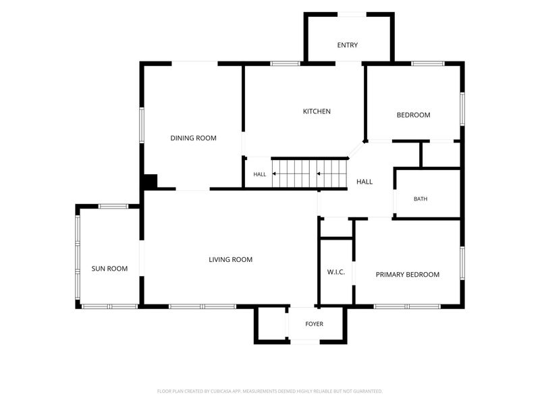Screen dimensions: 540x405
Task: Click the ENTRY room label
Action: (x=347, y=45)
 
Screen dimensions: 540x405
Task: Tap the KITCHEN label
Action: (x=317, y=111)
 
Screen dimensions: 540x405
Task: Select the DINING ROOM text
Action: (x=193, y=138)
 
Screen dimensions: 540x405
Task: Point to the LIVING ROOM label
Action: (x=230, y=260)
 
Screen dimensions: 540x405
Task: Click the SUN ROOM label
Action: (x=109, y=269)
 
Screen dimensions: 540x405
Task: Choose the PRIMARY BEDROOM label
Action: (x=408, y=275)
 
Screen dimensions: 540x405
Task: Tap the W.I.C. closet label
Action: (x=335, y=272)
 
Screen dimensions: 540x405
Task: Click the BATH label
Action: (x=421, y=199)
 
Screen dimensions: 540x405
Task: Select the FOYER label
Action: (x=314, y=324)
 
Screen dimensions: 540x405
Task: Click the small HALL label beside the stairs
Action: (x=260, y=174)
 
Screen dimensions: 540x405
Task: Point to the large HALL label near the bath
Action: (x=364, y=182)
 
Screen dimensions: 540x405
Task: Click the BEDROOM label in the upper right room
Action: (x=413, y=115)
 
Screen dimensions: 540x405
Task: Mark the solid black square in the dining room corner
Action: (x=150, y=181)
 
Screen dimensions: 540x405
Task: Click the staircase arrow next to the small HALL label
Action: (x=275, y=174)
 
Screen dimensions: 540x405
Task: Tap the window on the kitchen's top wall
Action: (x=285, y=63)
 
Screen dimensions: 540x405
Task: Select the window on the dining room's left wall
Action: (x=142, y=125)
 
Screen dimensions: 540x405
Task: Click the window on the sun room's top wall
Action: (x=113, y=207)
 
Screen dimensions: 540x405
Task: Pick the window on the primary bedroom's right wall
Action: (x=462, y=263)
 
